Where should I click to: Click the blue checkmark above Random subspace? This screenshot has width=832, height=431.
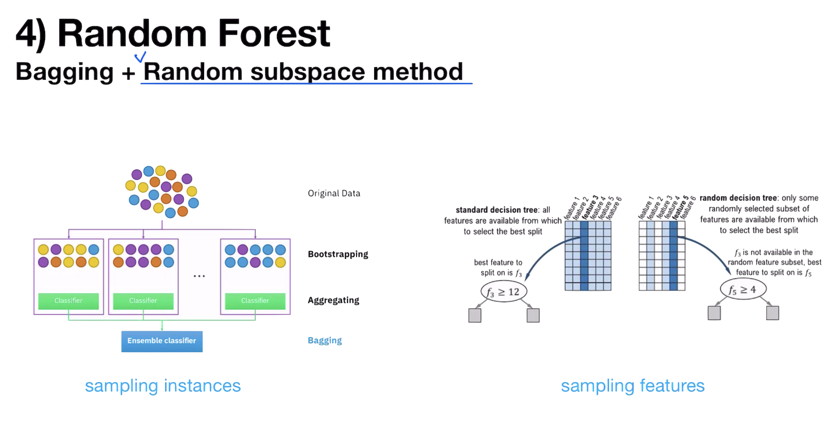pos(140,57)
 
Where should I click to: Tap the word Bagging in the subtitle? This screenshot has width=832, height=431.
pos(64,72)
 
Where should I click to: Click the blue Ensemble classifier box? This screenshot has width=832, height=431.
pos(162,341)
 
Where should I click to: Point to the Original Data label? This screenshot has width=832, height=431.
pos(334,193)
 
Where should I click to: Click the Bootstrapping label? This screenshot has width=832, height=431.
pos(338,254)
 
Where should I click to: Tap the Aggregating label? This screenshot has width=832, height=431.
pos(333,300)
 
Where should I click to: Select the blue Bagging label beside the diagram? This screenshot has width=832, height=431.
pos(325,340)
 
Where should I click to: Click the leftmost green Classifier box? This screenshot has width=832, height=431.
pos(68,301)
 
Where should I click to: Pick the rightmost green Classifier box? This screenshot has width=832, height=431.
pos(255,301)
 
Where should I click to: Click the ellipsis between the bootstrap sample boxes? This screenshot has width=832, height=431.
pos(199,276)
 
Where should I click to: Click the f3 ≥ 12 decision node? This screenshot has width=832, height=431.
pos(504,292)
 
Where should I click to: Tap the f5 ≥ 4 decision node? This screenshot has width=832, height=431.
pos(743,290)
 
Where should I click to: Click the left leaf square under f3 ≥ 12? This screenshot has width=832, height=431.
pos(475,315)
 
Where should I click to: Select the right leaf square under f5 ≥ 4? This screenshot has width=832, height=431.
pos(772,313)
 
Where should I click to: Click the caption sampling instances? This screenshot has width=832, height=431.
pos(163,386)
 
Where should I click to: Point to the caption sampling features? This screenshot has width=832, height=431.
pos(633,386)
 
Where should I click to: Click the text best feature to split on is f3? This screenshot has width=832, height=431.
pos(498,268)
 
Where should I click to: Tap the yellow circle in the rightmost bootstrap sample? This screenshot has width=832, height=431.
pos(280,262)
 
